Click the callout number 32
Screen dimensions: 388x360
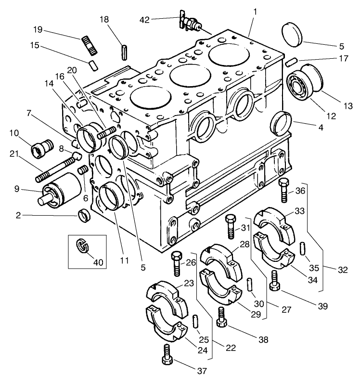tap(342, 270)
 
